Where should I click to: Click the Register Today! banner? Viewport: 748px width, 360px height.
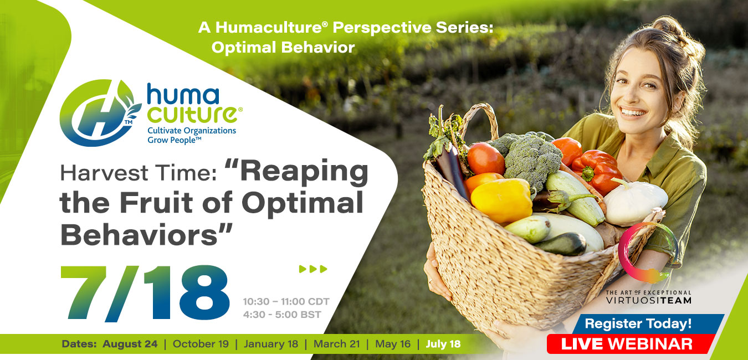click(638, 323)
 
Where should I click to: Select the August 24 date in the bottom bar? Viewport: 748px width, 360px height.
click(130, 344)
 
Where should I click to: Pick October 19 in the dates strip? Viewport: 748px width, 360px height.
click(201, 344)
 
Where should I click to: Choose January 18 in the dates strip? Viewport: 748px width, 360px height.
click(271, 344)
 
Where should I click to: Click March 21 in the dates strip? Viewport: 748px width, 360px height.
click(337, 344)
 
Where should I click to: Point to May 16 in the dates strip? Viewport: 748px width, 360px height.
click(393, 344)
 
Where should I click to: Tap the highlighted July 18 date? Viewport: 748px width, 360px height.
click(443, 344)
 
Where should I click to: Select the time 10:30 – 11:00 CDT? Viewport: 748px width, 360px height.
click(286, 302)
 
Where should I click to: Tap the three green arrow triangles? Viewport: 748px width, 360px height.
click(313, 270)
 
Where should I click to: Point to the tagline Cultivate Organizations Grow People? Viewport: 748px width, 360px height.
click(192, 135)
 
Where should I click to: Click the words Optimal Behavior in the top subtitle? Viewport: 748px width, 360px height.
click(283, 48)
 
